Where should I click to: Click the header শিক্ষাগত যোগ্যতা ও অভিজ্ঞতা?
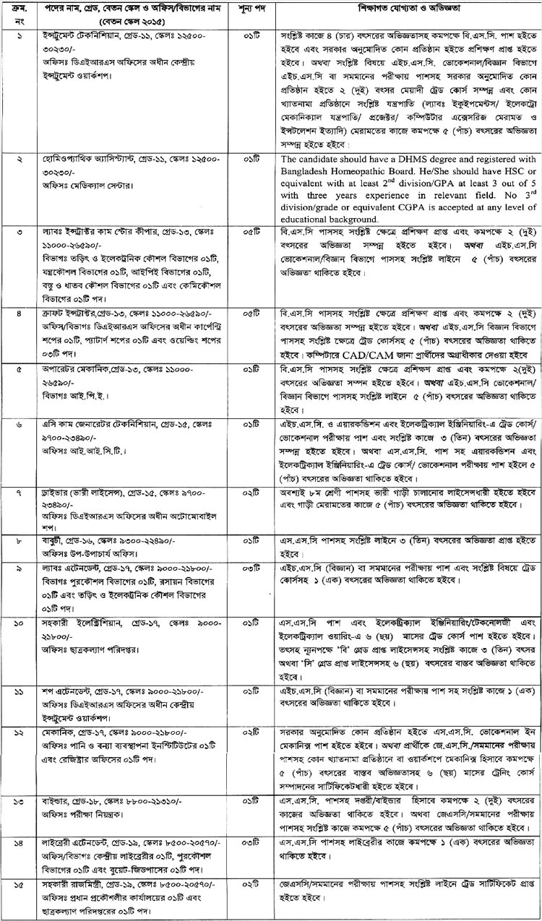tap(407, 14)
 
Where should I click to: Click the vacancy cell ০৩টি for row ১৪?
tap(254, 822)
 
